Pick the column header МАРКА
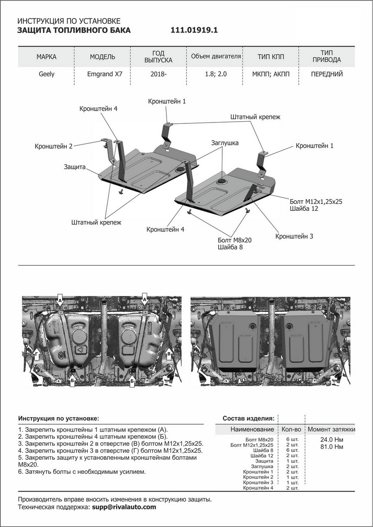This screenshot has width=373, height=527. point(46,57)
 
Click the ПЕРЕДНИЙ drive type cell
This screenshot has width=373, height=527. point(326,74)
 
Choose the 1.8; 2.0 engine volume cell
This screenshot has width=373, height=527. point(216,74)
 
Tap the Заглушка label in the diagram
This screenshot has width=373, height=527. point(225,143)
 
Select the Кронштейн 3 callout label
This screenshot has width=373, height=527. point(294,236)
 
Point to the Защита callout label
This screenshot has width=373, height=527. point(74,167)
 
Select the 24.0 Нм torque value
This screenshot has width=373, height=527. point(332,440)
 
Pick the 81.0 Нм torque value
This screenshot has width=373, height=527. point(332,447)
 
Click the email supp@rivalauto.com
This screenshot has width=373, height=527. point(123,507)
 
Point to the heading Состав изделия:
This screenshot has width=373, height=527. point(249,418)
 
